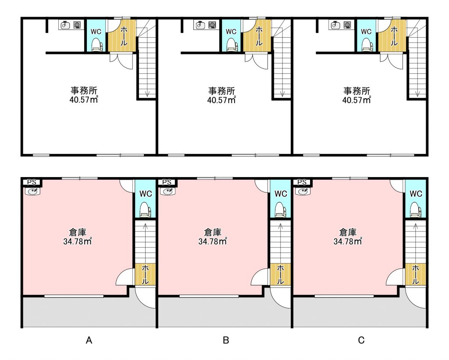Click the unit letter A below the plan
(89, 340)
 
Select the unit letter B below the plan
(226, 340)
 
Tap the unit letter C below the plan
(361, 340)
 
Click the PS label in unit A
(32, 182)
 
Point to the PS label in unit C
(302, 182)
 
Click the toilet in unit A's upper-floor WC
(96, 45)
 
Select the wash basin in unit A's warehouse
(32, 191)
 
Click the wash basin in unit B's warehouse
(167, 191)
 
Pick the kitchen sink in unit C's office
(335, 25)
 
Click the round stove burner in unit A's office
(77, 25)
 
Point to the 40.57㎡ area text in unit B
(221, 100)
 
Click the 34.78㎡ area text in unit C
(348, 241)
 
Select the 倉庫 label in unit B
(213, 232)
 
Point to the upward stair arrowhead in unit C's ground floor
(416, 227)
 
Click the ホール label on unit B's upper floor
(259, 36)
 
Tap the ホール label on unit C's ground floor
(415, 274)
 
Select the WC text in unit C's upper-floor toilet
(366, 32)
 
